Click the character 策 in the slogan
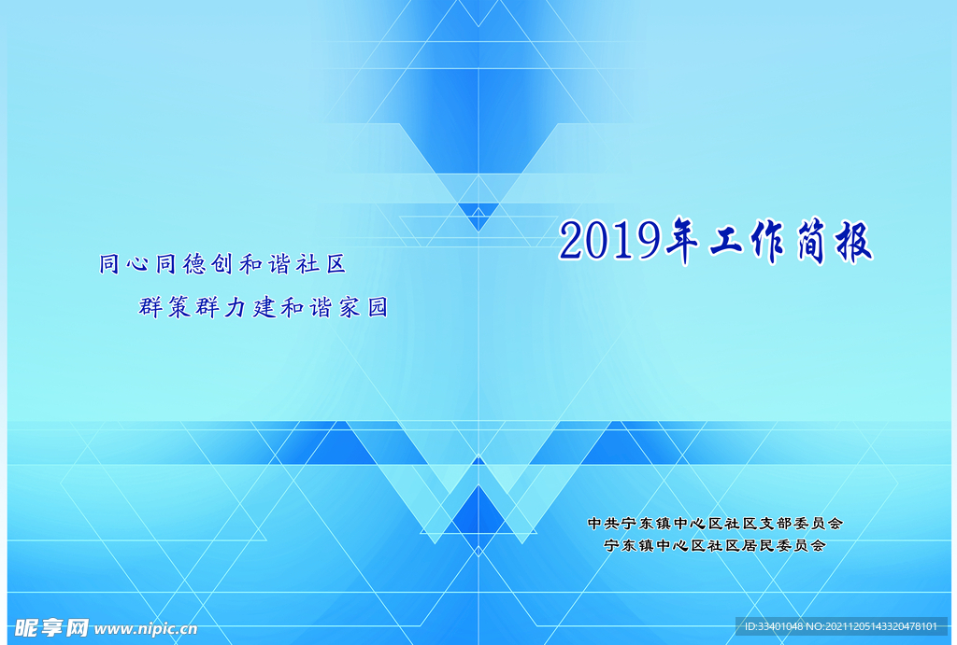tap(179, 307)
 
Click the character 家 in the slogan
tap(349, 307)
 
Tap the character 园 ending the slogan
tap(377, 307)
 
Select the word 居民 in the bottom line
tap(756, 545)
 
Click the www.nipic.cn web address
tap(146, 628)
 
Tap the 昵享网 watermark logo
tap(51, 626)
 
